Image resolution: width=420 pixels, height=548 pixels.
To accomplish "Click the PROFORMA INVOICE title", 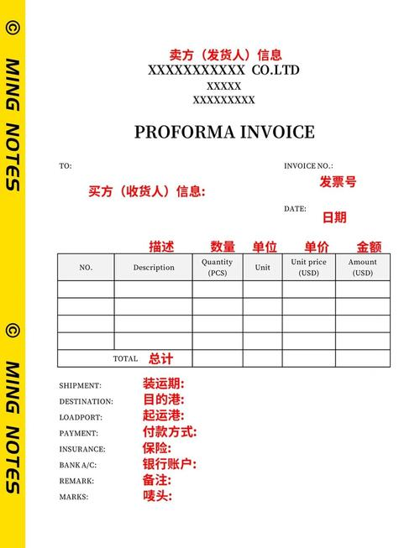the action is pyautogui.click(x=224, y=132).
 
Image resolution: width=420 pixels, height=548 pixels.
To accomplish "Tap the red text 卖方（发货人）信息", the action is pyautogui.click(x=225, y=55).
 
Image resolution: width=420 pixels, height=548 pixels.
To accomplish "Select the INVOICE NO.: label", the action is pyautogui.click(x=308, y=166).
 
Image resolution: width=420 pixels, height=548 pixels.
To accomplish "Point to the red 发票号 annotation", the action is pyautogui.click(x=338, y=181).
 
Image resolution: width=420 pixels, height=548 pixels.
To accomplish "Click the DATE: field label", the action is pyautogui.click(x=295, y=209).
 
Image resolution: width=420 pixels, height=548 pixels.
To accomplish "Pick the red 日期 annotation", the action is pyautogui.click(x=334, y=217).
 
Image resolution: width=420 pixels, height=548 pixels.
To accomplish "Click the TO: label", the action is pyautogui.click(x=66, y=166).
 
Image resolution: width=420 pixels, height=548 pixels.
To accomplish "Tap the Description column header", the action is pyautogui.click(x=154, y=268).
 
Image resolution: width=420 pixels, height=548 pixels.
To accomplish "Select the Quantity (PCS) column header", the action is pyautogui.click(x=218, y=267).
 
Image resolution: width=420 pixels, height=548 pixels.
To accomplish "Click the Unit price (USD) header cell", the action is pyautogui.click(x=309, y=267).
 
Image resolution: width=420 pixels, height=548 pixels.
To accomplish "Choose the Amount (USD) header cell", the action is pyautogui.click(x=363, y=267).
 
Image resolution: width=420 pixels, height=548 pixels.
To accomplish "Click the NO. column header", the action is pyautogui.click(x=86, y=268).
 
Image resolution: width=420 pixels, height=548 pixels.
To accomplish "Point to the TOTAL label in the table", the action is pyautogui.click(x=125, y=358).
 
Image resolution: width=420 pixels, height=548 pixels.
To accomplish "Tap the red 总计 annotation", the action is pyautogui.click(x=161, y=358).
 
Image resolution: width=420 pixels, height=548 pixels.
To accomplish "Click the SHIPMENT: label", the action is pyautogui.click(x=80, y=385).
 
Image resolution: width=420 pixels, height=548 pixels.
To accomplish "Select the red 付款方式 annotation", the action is pyautogui.click(x=170, y=432).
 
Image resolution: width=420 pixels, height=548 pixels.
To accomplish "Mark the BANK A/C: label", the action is pyautogui.click(x=78, y=465).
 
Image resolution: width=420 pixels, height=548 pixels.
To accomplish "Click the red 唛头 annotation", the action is pyautogui.click(x=157, y=496).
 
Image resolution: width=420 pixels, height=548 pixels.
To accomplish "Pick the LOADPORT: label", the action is pyautogui.click(x=81, y=417).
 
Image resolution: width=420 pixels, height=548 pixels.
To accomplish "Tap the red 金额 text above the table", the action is pyautogui.click(x=369, y=247).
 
